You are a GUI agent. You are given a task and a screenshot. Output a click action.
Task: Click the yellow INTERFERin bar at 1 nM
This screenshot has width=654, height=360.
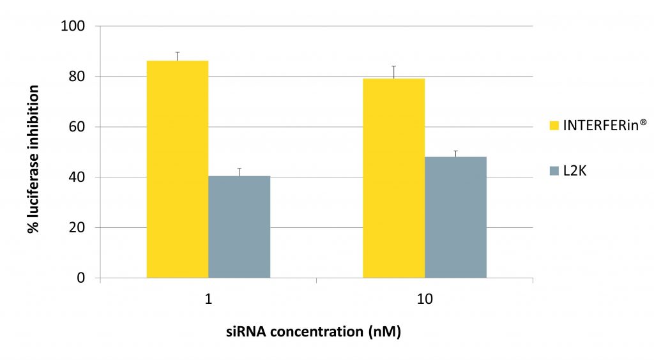click(178, 169)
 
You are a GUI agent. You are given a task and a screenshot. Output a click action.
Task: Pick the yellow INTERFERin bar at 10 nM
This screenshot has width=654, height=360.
click(393, 178)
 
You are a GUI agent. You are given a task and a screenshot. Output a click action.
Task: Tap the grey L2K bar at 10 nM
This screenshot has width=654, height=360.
click(455, 217)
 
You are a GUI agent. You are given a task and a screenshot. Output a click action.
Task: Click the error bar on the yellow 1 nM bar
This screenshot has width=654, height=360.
click(178, 56)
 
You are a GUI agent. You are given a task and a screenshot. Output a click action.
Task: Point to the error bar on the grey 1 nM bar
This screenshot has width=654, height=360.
click(240, 172)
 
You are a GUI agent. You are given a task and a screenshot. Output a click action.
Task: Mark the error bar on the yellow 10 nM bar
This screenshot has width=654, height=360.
click(393, 71)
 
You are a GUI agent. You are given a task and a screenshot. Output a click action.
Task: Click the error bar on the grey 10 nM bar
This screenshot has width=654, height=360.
click(455, 153)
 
